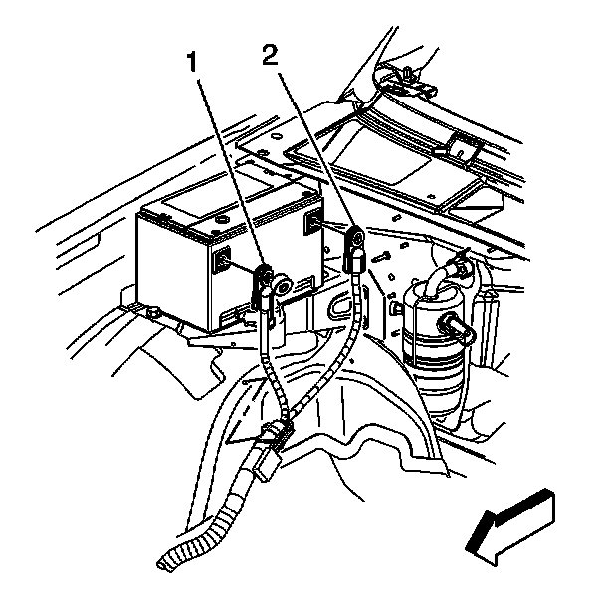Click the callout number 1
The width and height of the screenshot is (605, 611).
[197, 62]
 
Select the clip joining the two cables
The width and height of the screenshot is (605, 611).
[275, 434]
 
